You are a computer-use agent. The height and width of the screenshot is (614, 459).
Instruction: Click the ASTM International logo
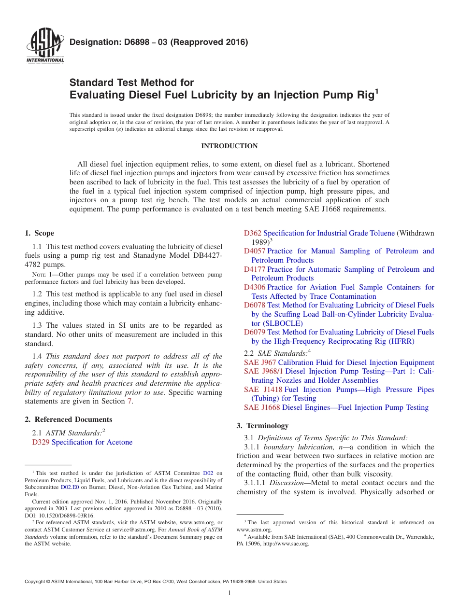click(x=44, y=47)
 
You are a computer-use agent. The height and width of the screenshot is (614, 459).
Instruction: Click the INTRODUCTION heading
click(x=229, y=146)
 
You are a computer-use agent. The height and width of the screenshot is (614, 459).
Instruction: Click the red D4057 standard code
click(x=254, y=251)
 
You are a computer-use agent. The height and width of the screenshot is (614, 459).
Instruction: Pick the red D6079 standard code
click(x=254, y=332)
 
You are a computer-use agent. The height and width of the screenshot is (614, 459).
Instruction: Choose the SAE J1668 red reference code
click(x=262, y=407)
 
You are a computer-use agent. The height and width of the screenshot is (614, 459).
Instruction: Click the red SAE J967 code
click(x=260, y=363)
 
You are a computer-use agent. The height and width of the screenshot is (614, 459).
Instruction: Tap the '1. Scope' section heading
click(x=39, y=233)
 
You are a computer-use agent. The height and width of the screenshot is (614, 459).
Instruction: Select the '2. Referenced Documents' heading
click(x=68, y=419)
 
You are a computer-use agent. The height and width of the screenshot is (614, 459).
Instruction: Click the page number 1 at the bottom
click(x=229, y=593)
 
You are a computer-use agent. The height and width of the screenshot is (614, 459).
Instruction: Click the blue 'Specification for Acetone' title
click(x=92, y=442)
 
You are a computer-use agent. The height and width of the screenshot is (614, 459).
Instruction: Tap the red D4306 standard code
click(x=254, y=287)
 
